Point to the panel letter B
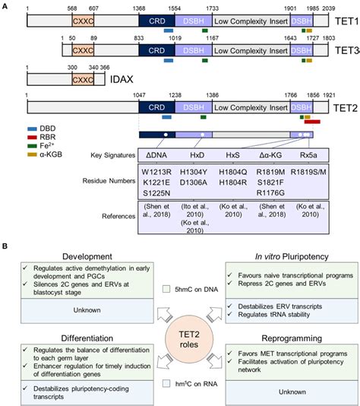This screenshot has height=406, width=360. pyautogui.click(x=6, y=247)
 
